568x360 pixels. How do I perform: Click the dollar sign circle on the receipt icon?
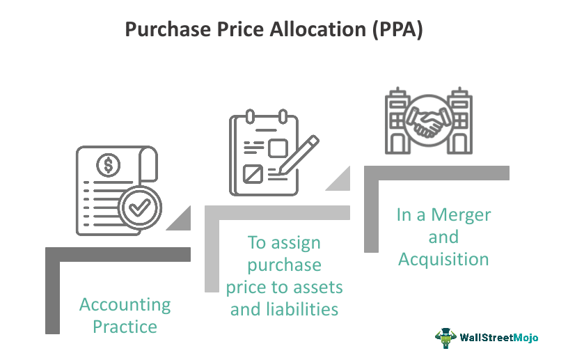[x=109, y=165]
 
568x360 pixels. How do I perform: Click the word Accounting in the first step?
[x=125, y=304]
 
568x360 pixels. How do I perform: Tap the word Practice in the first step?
[x=125, y=326]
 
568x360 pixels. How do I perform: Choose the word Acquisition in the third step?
[x=443, y=259]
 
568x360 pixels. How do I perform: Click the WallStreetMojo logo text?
[x=499, y=338]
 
